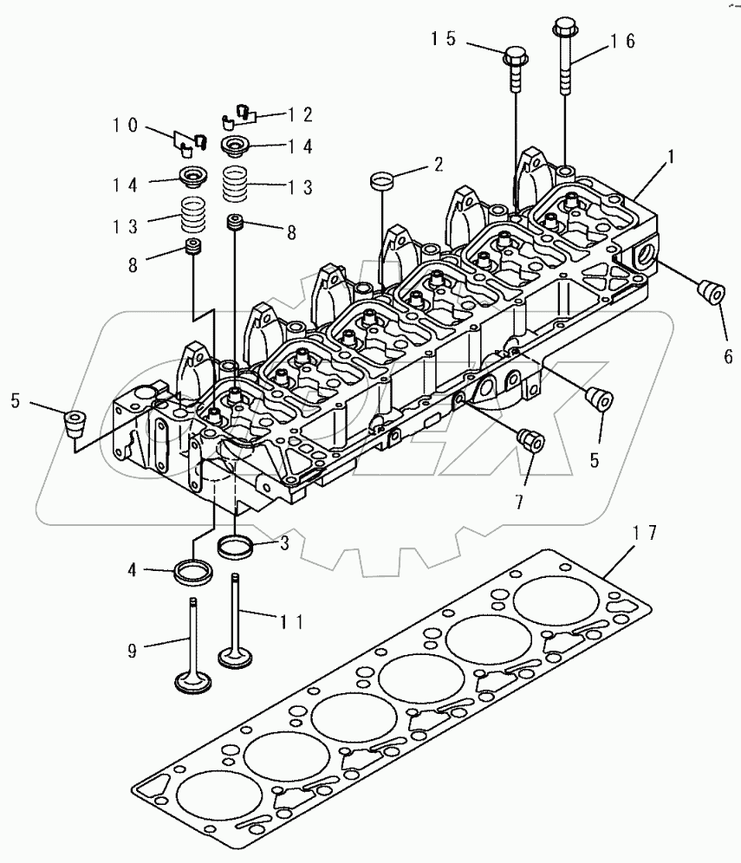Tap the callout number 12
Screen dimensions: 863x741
[301, 114]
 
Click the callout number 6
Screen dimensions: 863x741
[728, 354]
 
